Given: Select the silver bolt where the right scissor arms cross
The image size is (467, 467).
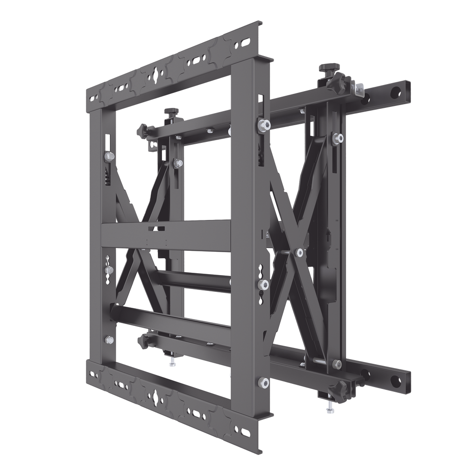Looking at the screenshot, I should point(299,253).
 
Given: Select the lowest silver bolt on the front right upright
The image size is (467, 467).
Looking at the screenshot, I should point(264,382).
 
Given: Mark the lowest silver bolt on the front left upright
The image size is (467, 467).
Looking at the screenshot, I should point(109,340).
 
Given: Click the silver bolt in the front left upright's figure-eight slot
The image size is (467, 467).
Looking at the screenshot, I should point(109,270).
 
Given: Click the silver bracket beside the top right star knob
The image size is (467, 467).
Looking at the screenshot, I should point(359,88).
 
